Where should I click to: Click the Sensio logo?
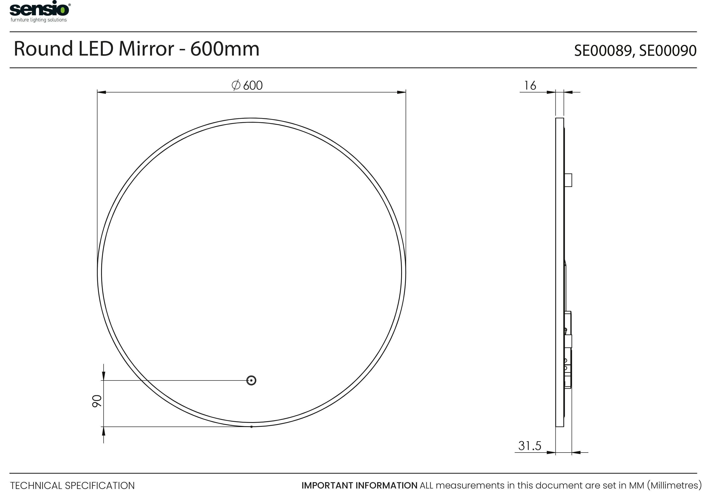point(40,11)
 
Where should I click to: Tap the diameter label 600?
point(253,85)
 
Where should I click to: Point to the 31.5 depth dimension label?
point(530,446)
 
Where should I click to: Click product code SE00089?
point(603,50)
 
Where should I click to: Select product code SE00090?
point(668,50)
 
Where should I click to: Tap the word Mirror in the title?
point(146,49)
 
